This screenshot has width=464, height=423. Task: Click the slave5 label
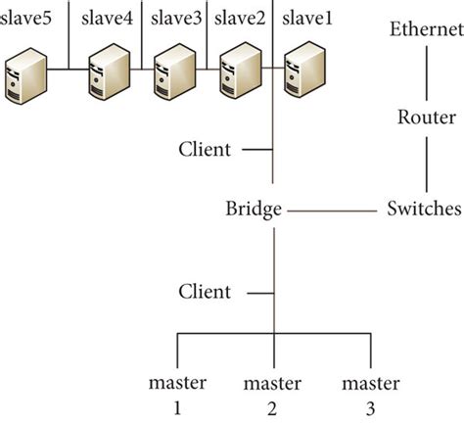(x=27, y=18)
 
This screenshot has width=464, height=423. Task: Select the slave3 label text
(x=174, y=18)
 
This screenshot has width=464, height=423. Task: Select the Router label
(x=425, y=117)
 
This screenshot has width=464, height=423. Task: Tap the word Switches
(x=424, y=209)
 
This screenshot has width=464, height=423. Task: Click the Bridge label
(x=254, y=209)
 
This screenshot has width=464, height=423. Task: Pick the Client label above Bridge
(x=205, y=150)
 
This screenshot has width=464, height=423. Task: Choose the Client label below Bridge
(x=205, y=292)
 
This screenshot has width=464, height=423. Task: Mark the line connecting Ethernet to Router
(x=425, y=72)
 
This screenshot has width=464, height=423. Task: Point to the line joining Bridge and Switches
(x=333, y=209)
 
